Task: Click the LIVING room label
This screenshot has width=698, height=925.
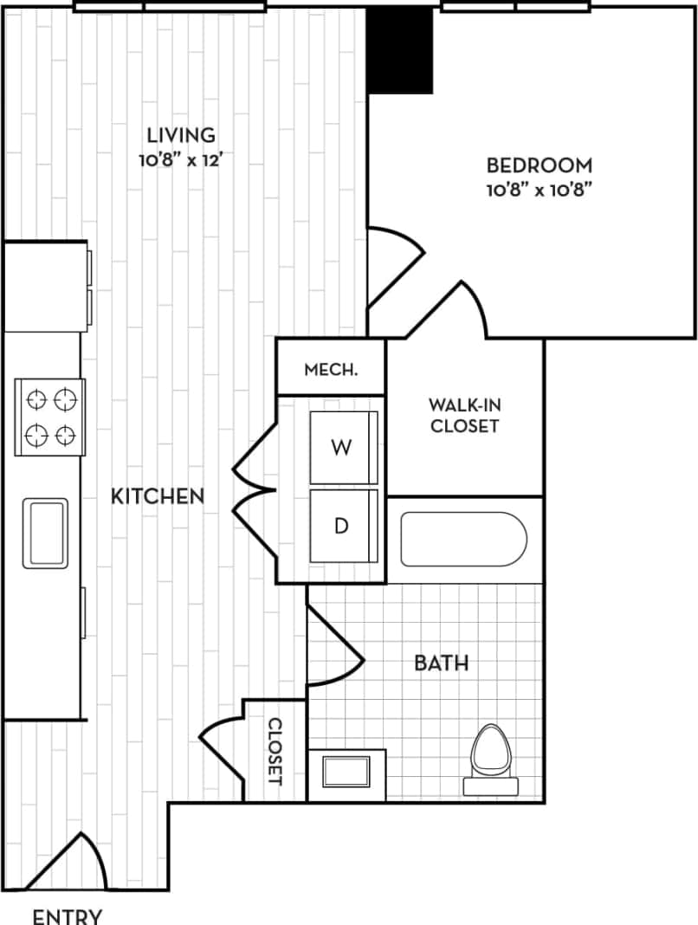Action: pyautogui.click(x=180, y=135)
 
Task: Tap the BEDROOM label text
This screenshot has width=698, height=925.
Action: pyautogui.click(x=539, y=165)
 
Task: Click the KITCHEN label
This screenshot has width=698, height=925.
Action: pyautogui.click(x=158, y=496)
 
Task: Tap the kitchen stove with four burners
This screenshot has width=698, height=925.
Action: pyautogui.click(x=50, y=417)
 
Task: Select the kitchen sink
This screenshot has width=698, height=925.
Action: pyautogui.click(x=45, y=533)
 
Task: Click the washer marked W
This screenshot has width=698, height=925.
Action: pyautogui.click(x=344, y=448)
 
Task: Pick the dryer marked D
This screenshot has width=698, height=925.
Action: pyautogui.click(x=344, y=527)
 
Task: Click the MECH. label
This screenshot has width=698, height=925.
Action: pyautogui.click(x=331, y=370)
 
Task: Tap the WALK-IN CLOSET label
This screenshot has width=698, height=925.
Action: pyautogui.click(x=465, y=415)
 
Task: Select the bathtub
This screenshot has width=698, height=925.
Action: pyautogui.click(x=463, y=540)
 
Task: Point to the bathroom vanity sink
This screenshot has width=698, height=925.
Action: pyautogui.click(x=346, y=771)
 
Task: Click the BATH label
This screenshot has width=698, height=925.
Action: pyautogui.click(x=441, y=663)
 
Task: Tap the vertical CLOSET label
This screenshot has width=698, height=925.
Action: pyautogui.click(x=275, y=751)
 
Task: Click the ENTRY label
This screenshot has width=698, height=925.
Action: pyautogui.click(x=68, y=915)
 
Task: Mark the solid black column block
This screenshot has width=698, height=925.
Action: pyautogui.click(x=400, y=49)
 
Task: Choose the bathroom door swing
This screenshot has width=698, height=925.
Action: pyautogui.click(x=333, y=647)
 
